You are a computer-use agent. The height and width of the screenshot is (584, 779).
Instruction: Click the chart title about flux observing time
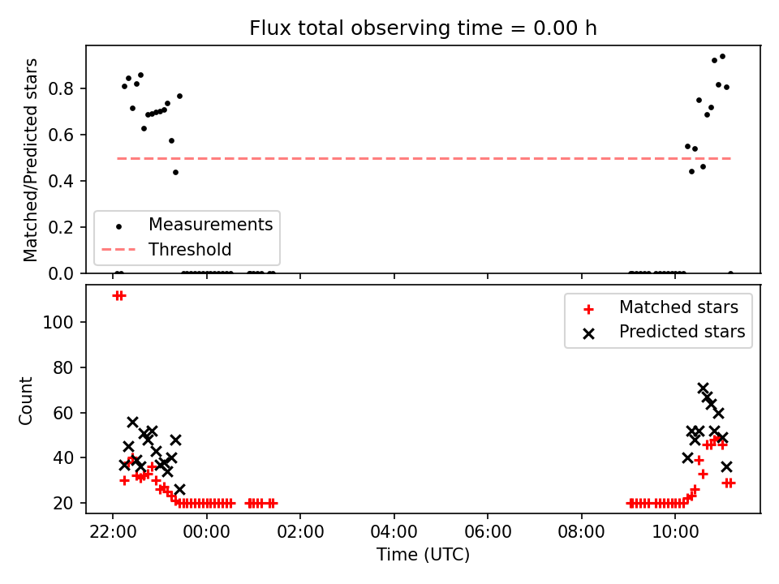point(423,28)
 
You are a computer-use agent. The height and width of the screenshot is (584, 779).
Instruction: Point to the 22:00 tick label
point(113,532)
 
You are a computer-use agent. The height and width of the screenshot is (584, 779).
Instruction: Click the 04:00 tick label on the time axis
point(394,532)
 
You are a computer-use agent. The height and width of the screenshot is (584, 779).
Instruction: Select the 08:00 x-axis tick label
point(581,532)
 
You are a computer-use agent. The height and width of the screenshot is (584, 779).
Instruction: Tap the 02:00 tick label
point(300,532)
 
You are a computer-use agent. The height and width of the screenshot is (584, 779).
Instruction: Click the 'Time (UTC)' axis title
point(423,554)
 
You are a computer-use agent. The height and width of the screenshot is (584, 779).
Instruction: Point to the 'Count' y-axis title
point(25,401)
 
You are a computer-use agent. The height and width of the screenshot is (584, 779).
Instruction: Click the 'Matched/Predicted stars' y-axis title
point(30,160)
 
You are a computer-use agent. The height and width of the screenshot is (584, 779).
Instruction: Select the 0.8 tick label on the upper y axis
point(61,89)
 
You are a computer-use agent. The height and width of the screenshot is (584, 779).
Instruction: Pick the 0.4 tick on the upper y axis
point(61,181)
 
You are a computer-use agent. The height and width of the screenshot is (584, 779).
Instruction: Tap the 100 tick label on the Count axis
point(58,322)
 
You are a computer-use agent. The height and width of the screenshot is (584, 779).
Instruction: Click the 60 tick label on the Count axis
point(63,413)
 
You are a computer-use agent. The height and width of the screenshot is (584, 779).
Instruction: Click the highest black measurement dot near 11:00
point(722,57)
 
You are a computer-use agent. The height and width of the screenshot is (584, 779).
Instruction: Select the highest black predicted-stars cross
point(703,388)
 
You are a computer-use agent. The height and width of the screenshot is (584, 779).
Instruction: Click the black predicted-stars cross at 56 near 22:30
point(132,422)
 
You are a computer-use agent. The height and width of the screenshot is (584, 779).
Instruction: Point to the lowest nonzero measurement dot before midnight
point(175,172)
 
